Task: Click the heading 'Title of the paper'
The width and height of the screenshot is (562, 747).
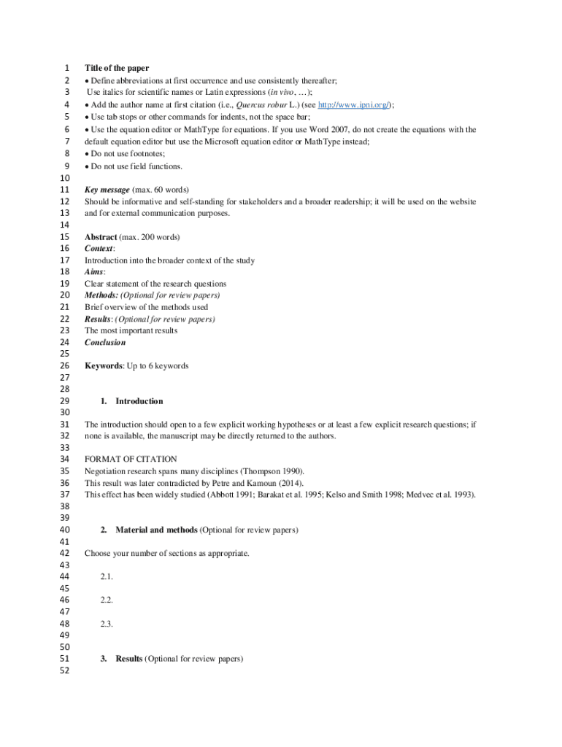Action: click(x=116, y=69)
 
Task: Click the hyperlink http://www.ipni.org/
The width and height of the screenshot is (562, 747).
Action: click(x=354, y=105)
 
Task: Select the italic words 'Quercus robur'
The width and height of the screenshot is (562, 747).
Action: click(x=261, y=105)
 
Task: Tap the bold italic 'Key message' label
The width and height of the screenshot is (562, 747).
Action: click(x=107, y=190)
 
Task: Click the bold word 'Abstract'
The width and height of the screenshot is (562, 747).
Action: click(x=100, y=237)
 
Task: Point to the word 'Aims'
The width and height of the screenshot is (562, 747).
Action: click(x=93, y=272)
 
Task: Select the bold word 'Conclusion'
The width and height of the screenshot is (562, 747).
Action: click(x=104, y=342)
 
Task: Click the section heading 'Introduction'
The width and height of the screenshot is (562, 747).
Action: click(x=139, y=401)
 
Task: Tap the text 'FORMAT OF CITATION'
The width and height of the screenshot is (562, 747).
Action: click(x=131, y=460)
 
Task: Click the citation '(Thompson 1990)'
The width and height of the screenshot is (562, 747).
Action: click(x=274, y=471)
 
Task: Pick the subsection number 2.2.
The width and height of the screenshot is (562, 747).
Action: click(x=107, y=600)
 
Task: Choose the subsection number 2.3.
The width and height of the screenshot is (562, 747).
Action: click(x=107, y=624)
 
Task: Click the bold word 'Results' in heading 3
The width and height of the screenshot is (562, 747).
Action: click(x=129, y=659)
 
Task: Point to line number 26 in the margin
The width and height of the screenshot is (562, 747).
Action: click(x=64, y=366)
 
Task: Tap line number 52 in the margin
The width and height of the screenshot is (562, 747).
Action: click(x=64, y=671)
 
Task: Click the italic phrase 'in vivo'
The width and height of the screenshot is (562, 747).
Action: click(x=282, y=93)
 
